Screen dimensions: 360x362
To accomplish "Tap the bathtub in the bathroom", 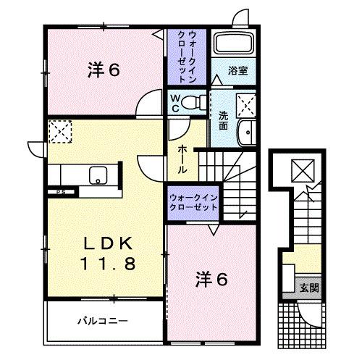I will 233,46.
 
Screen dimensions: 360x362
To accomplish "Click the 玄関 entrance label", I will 309,288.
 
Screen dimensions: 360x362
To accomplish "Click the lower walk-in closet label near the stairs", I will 193,201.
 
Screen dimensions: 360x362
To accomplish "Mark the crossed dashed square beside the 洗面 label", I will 248,107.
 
